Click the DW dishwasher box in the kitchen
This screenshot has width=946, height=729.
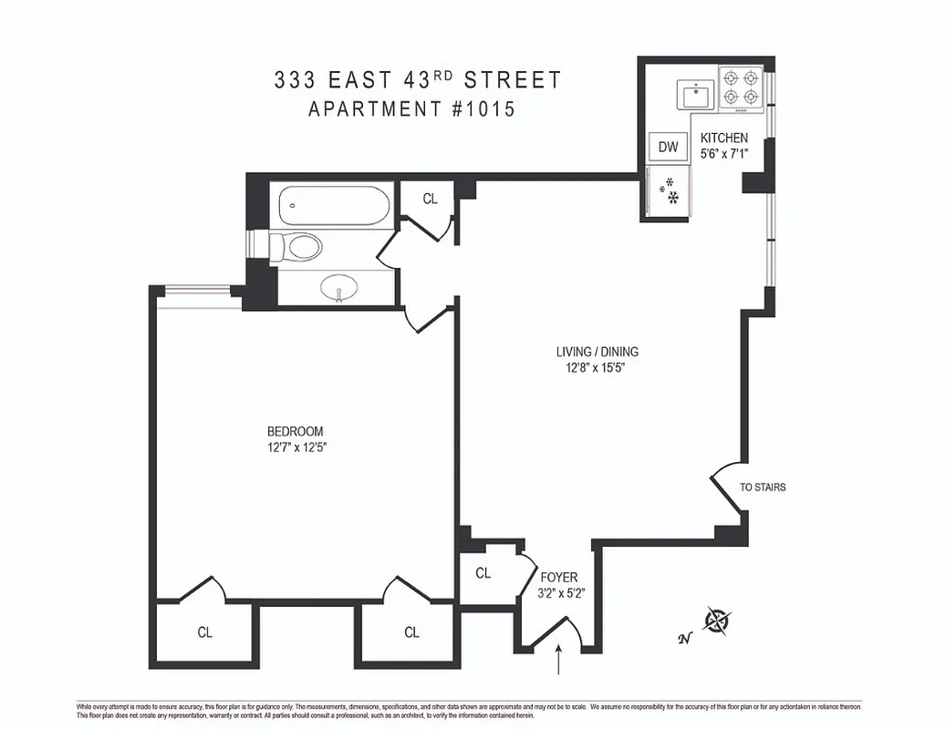[669, 147]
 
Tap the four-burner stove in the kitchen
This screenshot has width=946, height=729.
[741, 87]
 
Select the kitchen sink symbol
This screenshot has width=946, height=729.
[696, 94]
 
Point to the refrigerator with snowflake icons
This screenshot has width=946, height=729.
[668, 191]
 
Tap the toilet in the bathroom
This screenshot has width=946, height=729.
[296, 246]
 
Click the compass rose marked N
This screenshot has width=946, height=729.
[719, 621]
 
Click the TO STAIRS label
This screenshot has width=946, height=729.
[763, 488]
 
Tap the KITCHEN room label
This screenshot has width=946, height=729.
[724, 139]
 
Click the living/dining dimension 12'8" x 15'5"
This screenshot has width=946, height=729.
[597, 368]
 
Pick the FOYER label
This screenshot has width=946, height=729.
[558, 578]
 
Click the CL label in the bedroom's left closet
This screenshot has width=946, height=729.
[205, 632]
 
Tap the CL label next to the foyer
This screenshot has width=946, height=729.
[483, 573]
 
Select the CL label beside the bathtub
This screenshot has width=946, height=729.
[431, 198]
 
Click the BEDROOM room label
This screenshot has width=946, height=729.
[295, 431]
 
